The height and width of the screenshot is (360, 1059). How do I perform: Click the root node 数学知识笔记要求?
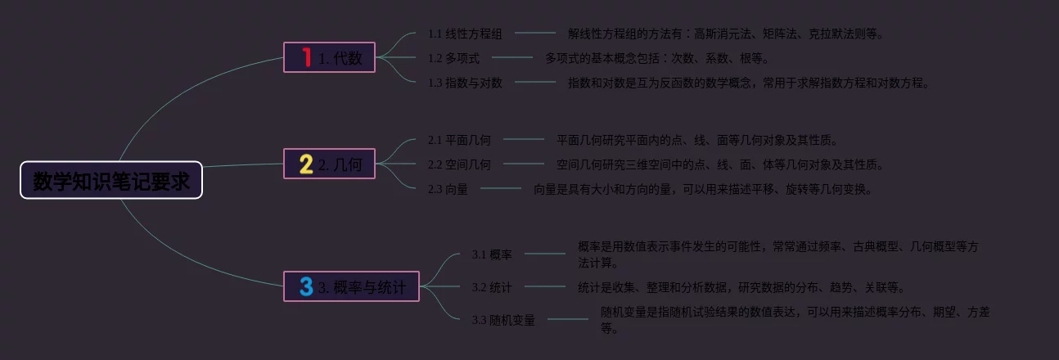tap(111, 180)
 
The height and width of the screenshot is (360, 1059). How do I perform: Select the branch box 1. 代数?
tap(330, 58)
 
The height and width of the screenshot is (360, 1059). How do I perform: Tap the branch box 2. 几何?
tap(330, 164)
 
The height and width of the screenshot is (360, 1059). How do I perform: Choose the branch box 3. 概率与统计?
tap(352, 287)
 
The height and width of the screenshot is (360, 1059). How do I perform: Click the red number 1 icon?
tap(306, 57)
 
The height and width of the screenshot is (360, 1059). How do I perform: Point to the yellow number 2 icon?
tap(306, 164)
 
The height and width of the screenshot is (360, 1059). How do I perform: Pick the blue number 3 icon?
tap(306, 287)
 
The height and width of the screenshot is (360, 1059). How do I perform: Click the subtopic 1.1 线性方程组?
tap(465, 34)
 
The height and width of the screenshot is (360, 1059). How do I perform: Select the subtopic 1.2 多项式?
tap(453, 58)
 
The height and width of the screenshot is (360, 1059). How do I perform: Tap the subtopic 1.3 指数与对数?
tap(465, 83)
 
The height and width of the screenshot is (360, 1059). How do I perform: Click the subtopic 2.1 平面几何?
tap(459, 140)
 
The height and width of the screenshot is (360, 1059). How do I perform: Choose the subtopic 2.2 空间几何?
tap(459, 164)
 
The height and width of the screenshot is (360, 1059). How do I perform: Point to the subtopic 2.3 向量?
tap(448, 189)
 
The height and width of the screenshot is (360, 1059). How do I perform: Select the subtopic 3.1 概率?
tap(492, 254)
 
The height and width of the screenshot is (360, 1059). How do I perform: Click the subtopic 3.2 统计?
tap(492, 287)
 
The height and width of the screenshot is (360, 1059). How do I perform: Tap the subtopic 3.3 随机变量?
tap(503, 320)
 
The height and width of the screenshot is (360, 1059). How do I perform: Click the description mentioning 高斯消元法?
tap(726, 34)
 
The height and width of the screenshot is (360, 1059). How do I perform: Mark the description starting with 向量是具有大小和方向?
tap(703, 189)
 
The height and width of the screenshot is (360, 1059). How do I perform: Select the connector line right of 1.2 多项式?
tap(512, 57)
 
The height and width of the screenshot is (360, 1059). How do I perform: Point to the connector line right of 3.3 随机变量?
tap(568, 319)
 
